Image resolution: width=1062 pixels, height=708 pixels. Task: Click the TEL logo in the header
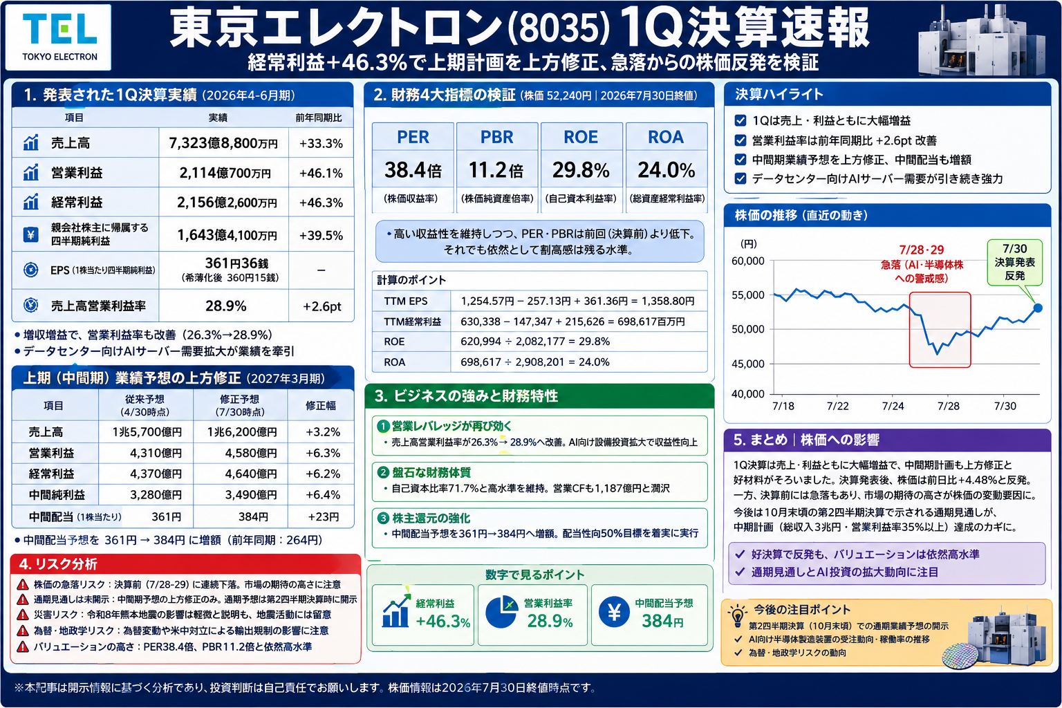(58, 37)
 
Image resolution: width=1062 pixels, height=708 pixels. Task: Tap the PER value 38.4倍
(413, 170)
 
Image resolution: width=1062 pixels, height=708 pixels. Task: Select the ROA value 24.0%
(666, 170)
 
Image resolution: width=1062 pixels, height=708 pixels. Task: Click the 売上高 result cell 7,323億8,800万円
(223, 142)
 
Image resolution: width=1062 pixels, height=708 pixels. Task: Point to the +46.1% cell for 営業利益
(321, 173)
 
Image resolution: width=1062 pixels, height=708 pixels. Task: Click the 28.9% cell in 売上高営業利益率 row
(225, 306)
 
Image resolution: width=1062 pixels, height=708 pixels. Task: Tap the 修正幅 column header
(321, 405)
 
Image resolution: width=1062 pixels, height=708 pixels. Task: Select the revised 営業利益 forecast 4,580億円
(251, 453)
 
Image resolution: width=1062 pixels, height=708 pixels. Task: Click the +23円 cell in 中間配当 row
(324, 516)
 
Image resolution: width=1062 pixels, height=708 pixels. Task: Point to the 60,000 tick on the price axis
(747, 261)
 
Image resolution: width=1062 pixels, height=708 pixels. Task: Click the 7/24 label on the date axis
(893, 406)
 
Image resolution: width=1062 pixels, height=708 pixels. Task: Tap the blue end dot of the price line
(1038, 308)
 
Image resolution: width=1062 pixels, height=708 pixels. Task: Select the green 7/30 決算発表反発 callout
(1014, 262)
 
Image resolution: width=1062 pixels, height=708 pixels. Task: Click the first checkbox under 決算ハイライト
(740, 120)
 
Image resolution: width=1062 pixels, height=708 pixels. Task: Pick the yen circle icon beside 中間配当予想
(614, 612)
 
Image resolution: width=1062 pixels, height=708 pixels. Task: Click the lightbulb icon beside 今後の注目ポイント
(737, 615)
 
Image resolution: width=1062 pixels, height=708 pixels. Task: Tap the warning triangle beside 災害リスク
(22, 615)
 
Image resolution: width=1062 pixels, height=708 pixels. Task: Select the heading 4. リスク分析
(58, 563)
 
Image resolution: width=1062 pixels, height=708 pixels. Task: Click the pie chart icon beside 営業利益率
(501, 612)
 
